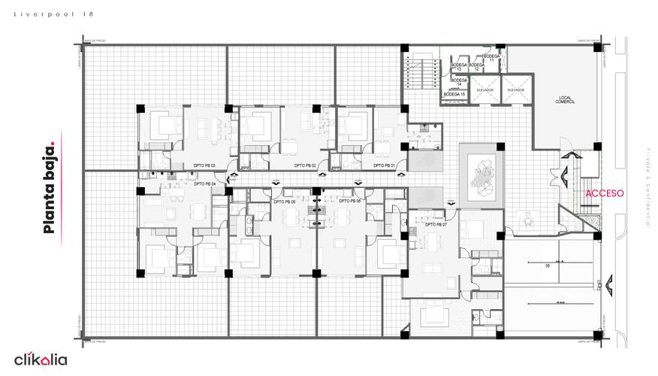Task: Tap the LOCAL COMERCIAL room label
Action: (x=564, y=99)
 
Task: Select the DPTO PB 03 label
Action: (x=204, y=165)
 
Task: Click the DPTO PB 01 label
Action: (x=383, y=165)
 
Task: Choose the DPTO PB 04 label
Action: (x=204, y=183)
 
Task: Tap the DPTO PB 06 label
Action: (x=349, y=202)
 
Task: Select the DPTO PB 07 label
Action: (x=436, y=224)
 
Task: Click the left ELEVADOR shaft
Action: (x=484, y=89)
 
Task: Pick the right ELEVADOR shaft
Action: (x=515, y=89)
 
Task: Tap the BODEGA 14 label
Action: (x=459, y=80)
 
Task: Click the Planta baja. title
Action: (x=50, y=185)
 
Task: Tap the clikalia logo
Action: (x=41, y=359)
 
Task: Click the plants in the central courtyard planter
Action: (x=481, y=174)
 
